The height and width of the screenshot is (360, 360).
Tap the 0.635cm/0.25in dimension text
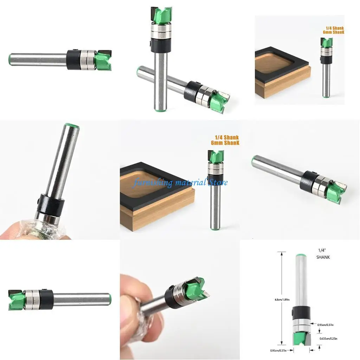328,339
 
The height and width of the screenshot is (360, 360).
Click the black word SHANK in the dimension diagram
323,257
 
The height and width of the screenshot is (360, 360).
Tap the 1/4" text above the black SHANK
321,251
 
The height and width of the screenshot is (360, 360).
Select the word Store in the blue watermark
218,182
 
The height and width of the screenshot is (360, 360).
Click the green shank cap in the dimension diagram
301,256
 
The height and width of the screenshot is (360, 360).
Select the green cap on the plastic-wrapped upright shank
72,126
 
